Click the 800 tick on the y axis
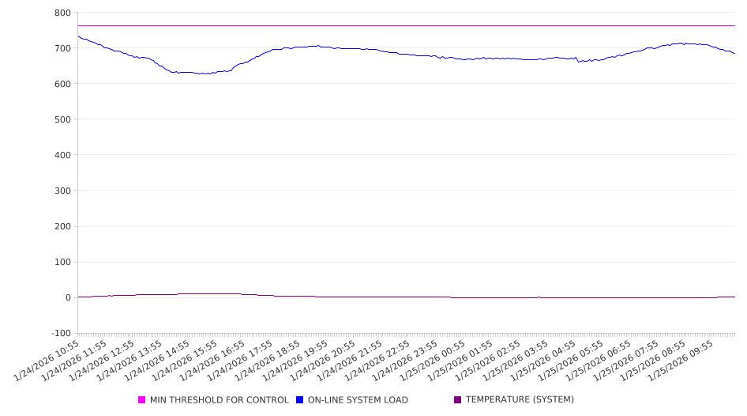[x=62, y=13]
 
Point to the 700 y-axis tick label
[x=62, y=49]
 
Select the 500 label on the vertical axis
[x=62, y=120]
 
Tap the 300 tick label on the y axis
[x=62, y=191]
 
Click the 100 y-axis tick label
[x=62, y=263]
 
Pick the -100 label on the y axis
[x=60, y=334]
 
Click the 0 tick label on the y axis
[x=67, y=298]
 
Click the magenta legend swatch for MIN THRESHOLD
[x=142, y=400]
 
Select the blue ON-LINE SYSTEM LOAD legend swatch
[x=300, y=400]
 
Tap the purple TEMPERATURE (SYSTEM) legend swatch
[x=458, y=400]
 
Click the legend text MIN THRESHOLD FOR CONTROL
[x=220, y=400]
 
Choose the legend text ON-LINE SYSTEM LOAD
[x=358, y=400]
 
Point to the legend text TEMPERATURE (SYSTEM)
[x=520, y=400]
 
